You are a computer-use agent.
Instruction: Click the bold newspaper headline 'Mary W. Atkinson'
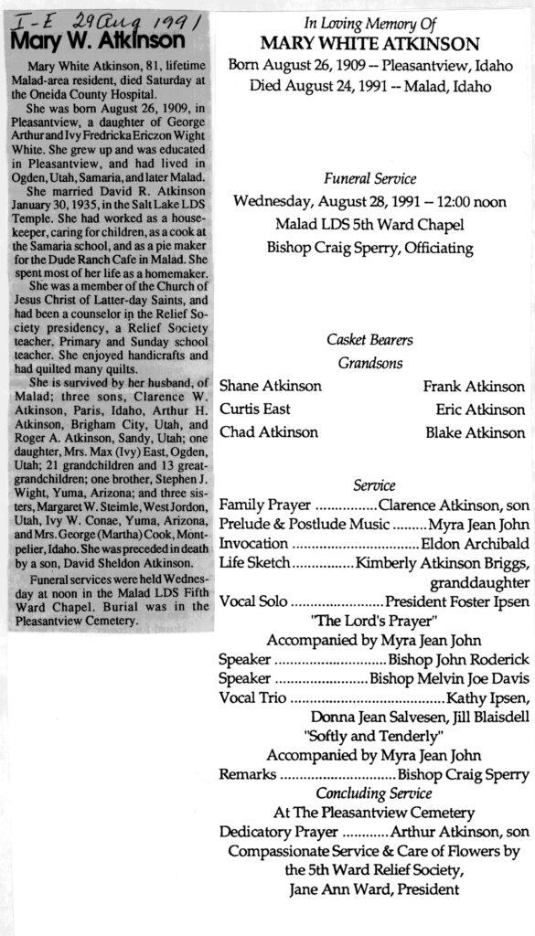point(100,40)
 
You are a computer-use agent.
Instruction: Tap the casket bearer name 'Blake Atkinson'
point(475,432)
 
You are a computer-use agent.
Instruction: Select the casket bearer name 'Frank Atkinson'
point(474,387)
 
